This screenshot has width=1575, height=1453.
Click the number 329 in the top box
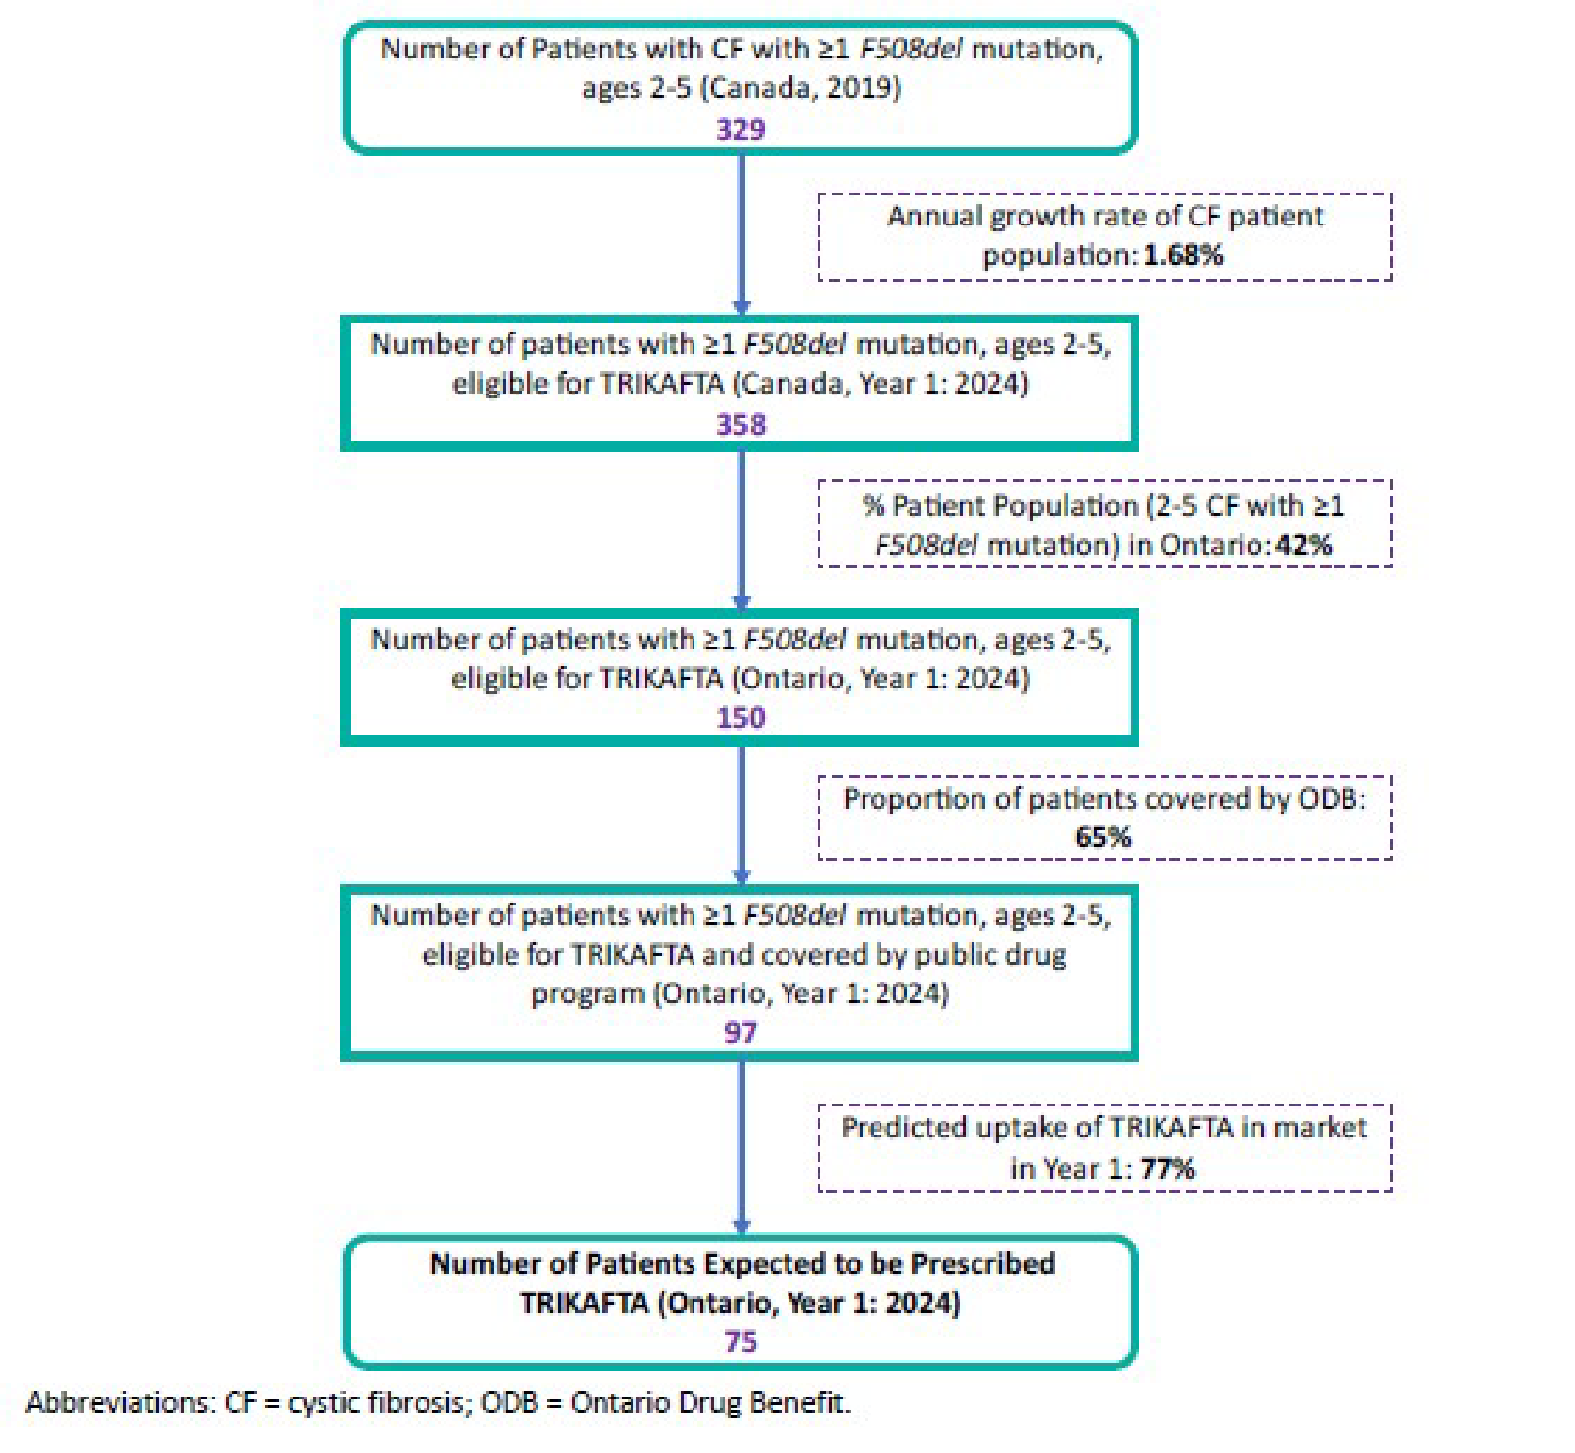point(741,129)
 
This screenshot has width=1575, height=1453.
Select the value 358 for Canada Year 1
point(741,425)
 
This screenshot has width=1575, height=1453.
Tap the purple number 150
point(741,719)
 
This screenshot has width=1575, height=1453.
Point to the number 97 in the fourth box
point(741,1032)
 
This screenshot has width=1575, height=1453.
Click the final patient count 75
point(741,1341)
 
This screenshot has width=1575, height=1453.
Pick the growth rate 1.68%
point(1183,255)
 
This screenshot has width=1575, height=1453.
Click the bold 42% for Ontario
point(1303,545)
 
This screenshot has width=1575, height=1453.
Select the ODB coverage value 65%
point(1103,837)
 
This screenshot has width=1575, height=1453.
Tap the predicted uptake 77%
point(1168,1168)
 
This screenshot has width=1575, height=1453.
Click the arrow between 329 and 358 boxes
point(741,235)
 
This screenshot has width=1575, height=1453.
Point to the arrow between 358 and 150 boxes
point(741,531)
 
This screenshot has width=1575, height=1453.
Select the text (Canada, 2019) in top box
point(803,88)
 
